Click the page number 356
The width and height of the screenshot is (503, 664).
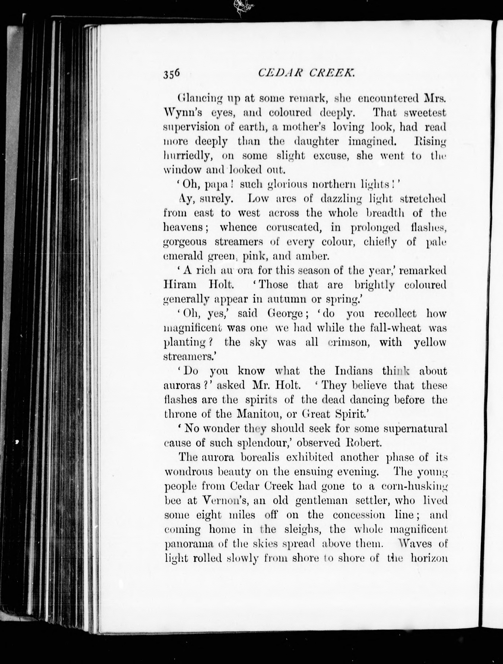(172, 74)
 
